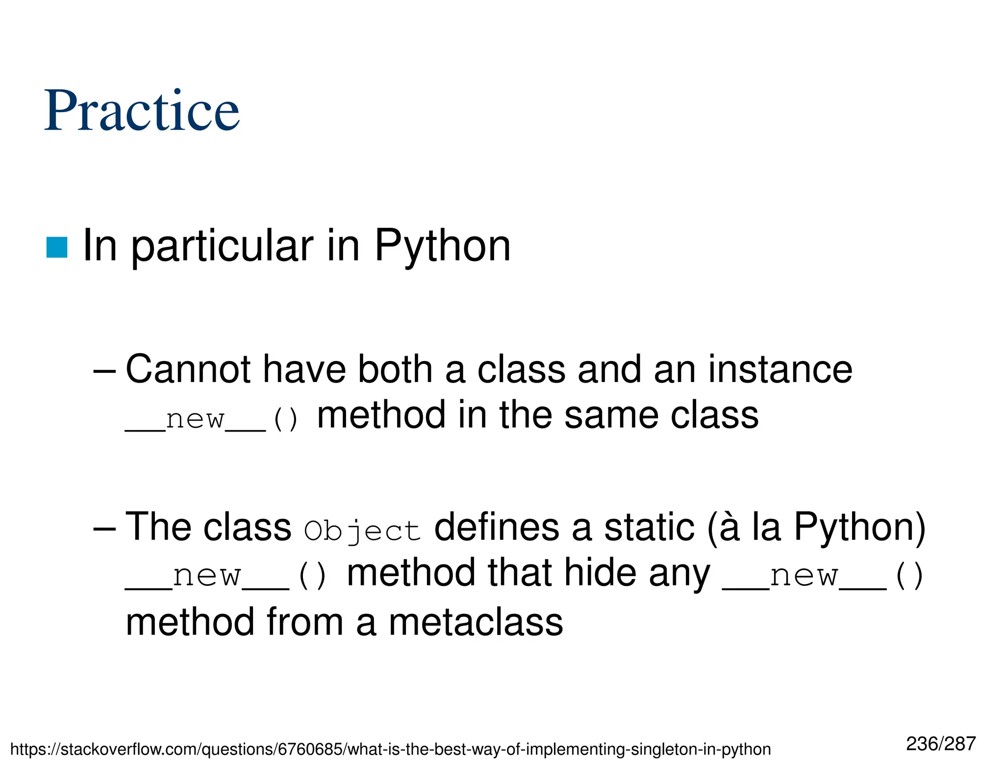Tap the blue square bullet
pyautogui.click(x=56, y=247)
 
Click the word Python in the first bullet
pyautogui.click(x=442, y=246)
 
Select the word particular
pyautogui.click(x=222, y=246)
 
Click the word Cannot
pyautogui.click(x=188, y=369)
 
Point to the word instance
pyautogui.click(x=780, y=369)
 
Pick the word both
pyautogui.click(x=395, y=369)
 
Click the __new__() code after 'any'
pyautogui.click(x=823, y=575)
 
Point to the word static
pyautogui.click(x=649, y=527)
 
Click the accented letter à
pyautogui.click(x=729, y=527)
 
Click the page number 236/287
pyautogui.click(x=941, y=744)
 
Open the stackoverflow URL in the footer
pyautogui.click(x=390, y=750)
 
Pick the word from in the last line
pyautogui.click(x=304, y=622)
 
